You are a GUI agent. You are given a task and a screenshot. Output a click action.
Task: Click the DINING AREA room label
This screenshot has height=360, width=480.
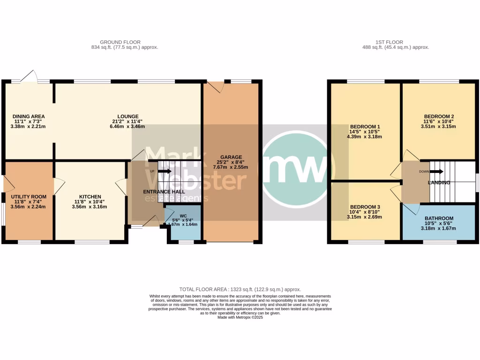28,116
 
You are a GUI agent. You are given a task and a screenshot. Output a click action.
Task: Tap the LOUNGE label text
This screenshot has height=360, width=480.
128,116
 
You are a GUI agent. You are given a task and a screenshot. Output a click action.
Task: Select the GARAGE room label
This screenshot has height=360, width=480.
231,157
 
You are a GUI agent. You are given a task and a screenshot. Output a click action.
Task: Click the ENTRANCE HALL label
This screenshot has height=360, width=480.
164,192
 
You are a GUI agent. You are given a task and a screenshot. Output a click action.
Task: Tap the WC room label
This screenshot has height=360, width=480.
183,216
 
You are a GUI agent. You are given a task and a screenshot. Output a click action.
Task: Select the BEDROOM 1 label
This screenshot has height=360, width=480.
365,127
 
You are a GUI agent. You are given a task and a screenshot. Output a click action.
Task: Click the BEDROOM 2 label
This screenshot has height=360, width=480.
439,116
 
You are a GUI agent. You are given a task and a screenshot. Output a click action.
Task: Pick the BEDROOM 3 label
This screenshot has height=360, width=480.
365,207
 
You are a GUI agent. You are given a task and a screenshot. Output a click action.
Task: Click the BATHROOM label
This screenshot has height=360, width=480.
439,218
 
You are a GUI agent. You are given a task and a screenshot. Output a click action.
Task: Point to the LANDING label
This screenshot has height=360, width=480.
439,182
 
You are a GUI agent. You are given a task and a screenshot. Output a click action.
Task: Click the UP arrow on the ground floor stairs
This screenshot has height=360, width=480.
164,171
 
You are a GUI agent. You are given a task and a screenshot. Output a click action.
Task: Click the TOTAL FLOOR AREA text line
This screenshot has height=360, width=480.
240,290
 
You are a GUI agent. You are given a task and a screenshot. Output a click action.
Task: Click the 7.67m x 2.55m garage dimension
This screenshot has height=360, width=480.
231,167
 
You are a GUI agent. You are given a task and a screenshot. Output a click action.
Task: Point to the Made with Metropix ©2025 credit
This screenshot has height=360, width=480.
240,317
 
